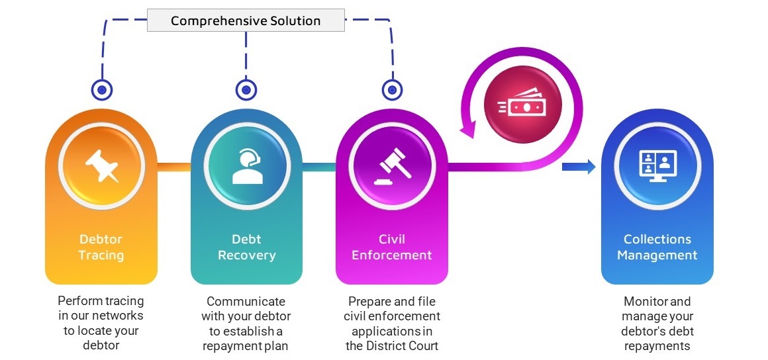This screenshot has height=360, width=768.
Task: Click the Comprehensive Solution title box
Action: [x=246, y=21]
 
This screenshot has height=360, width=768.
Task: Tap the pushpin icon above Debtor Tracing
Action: [x=101, y=165]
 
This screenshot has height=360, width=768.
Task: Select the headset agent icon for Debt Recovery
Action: [x=246, y=165]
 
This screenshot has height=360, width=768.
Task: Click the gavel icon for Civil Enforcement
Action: [x=391, y=165]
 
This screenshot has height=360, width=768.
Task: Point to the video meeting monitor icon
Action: [x=657, y=165]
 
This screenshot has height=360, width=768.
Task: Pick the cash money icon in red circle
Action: [x=523, y=106]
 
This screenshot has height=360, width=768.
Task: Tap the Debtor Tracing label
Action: [x=101, y=247]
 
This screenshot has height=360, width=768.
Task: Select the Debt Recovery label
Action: [x=246, y=247]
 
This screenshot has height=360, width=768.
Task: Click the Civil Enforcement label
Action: [x=391, y=247]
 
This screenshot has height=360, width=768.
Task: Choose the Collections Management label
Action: [x=657, y=247]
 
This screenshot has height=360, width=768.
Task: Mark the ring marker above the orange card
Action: [x=101, y=89]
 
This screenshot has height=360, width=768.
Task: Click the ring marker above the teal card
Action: [x=246, y=89]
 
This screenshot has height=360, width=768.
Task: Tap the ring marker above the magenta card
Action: [x=392, y=89]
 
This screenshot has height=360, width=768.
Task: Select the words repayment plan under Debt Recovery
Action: [x=246, y=345]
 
